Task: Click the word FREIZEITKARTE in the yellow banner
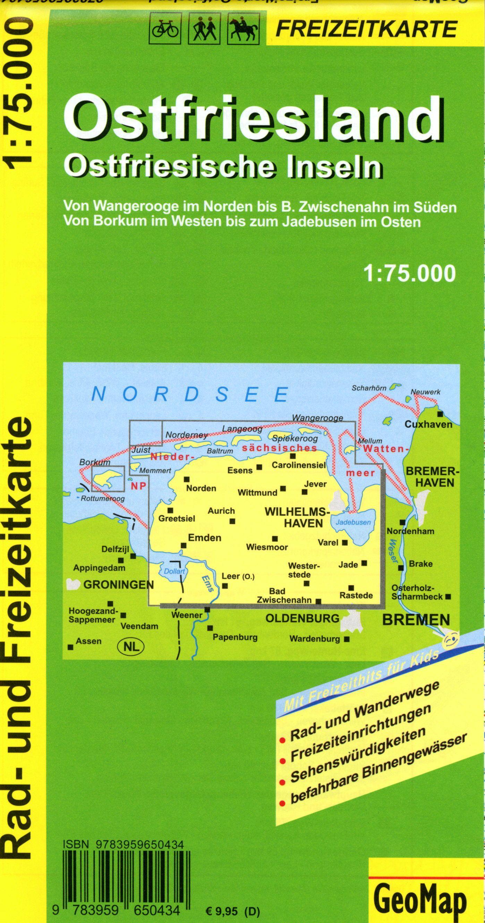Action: [x=366, y=29]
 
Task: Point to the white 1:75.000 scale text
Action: [x=409, y=274]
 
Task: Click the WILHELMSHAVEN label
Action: [x=297, y=518]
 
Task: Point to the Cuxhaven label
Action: [x=428, y=425]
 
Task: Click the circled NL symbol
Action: [x=130, y=646]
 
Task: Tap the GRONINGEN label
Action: [x=118, y=585]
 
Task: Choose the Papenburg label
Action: [x=235, y=637]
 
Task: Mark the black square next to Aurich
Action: [x=232, y=521]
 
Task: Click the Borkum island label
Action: [x=90, y=463]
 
